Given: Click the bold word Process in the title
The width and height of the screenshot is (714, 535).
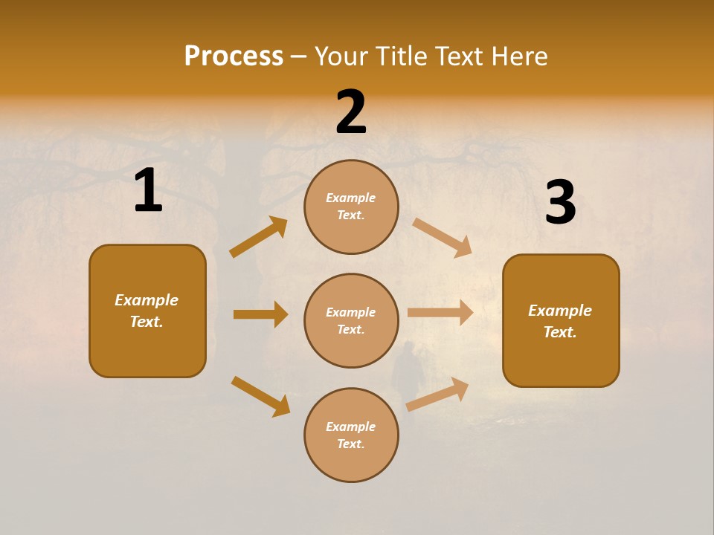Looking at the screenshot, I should click(234, 56).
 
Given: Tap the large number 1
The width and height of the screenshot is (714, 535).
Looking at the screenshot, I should click(148, 191).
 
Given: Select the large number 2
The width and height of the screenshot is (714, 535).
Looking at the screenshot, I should click(351, 112).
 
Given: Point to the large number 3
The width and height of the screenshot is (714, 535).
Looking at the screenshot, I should click(560, 202).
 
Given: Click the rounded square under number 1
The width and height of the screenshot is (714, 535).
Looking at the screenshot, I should click(147, 311).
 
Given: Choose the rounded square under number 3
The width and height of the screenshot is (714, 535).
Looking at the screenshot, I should click(561, 320).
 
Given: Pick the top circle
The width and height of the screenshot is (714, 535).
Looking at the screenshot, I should click(351, 207).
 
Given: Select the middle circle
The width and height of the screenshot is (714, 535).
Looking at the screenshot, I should click(351, 320).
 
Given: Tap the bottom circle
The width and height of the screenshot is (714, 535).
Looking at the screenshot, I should click(351, 435).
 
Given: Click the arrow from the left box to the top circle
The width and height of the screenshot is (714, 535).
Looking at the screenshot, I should click(259, 237).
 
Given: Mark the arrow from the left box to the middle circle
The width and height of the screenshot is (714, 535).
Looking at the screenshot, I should click(260, 314).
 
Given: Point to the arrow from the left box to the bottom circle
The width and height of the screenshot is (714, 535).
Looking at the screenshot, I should click(260, 396).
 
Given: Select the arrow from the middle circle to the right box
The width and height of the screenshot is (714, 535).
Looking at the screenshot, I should click(440, 313).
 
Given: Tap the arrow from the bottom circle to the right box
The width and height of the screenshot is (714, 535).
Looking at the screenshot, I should click(437, 395).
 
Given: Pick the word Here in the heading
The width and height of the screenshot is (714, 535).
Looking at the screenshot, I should click(518, 56).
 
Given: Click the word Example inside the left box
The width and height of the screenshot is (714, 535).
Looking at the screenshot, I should click(147, 300).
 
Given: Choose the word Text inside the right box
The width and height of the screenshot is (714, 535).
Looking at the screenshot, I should click(560, 332).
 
